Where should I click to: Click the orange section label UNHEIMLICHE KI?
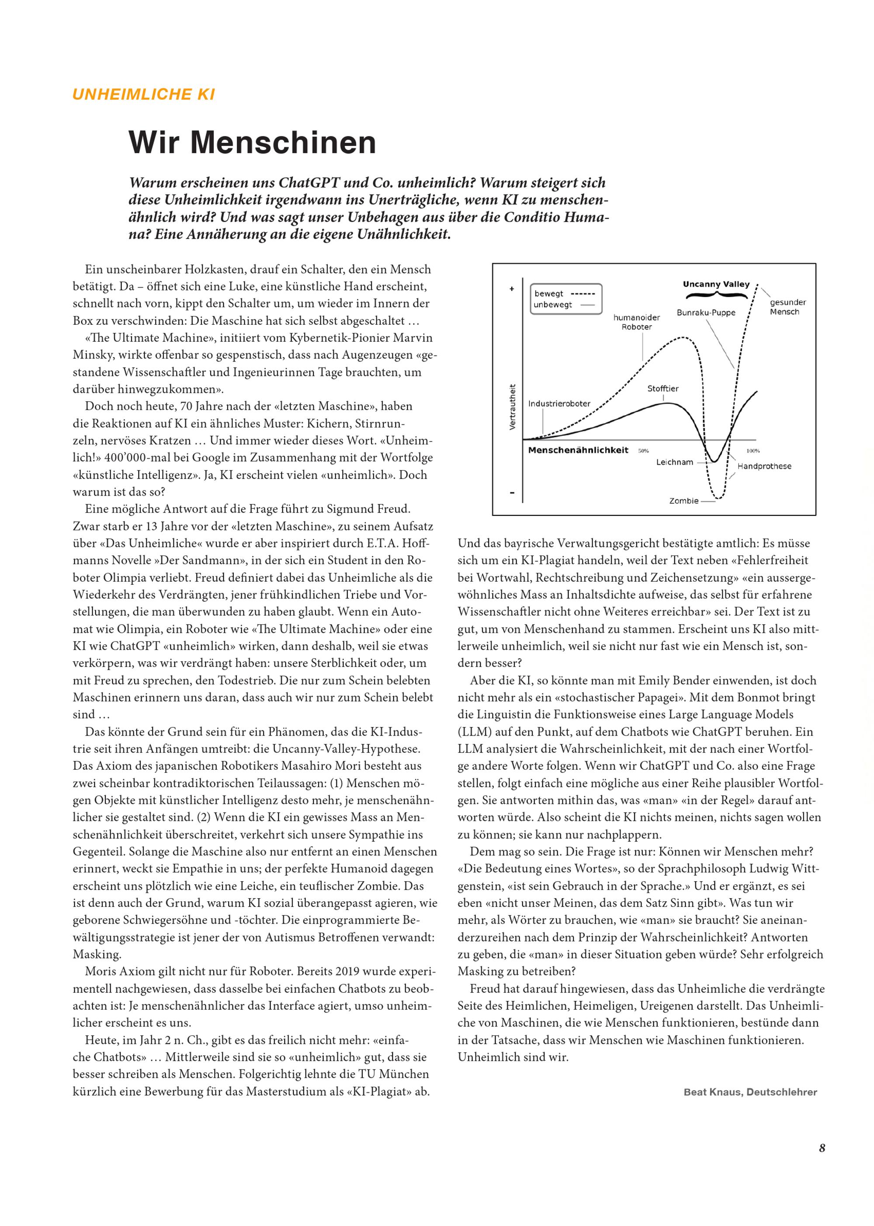144,95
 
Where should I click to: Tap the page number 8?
822,1148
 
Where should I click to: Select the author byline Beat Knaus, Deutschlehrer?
750,1092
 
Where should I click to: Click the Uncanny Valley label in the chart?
716,284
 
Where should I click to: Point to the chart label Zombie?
683,501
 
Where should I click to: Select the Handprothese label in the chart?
764,466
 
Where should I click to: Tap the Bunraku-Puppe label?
706,313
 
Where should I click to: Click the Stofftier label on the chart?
662,389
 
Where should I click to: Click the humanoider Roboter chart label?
637,323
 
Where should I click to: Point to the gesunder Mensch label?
787,307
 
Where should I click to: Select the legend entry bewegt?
549,294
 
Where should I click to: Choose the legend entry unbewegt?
553,305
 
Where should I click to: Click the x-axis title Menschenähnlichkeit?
578,451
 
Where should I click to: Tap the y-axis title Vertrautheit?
512,406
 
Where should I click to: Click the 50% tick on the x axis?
643,451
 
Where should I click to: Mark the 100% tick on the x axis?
753,451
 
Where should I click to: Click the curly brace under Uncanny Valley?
716,295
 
